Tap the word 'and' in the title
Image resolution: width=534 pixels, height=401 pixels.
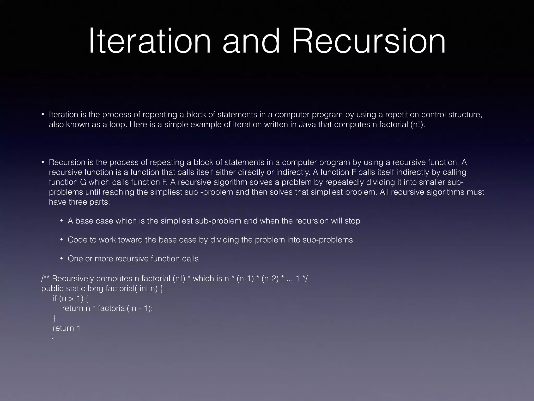point(251,42)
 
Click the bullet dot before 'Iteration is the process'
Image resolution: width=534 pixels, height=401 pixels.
point(43,115)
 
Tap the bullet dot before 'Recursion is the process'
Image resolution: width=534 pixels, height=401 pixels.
point(43,162)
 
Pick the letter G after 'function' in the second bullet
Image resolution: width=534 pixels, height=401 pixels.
point(83,182)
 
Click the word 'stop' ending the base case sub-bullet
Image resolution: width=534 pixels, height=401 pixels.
point(352,221)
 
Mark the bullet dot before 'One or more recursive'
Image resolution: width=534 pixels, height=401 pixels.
point(62,259)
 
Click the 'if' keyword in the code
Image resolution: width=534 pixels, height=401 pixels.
point(55,298)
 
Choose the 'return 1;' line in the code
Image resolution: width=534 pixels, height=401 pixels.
point(68,328)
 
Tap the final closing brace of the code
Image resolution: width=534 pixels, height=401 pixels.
point(52,338)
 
